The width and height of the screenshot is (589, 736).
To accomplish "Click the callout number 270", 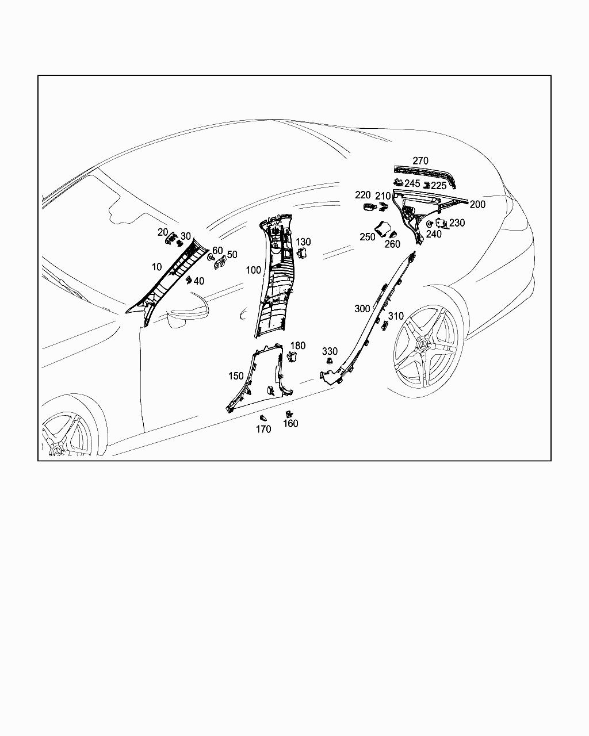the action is pyautogui.click(x=420, y=160).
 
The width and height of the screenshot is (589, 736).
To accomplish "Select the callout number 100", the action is pyautogui.click(x=253, y=270).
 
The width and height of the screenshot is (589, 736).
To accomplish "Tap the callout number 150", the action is pyautogui.click(x=236, y=376).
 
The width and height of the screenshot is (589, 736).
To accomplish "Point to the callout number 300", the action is pyautogui.click(x=362, y=309).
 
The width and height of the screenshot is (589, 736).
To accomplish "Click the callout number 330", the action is pyautogui.click(x=330, y=351).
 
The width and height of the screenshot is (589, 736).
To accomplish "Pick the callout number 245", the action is pyautogui.click(x=412, y=183).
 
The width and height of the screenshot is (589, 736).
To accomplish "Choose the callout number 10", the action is pyautogui.click(x=157, y=267).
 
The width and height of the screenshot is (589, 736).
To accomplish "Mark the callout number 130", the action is pyautogui.click(x=303, y=242).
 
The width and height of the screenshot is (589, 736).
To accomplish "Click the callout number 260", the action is pyautogui.click(x=392, y=244).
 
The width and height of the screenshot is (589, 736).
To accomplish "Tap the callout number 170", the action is pyautogui.click(x=263, y=429).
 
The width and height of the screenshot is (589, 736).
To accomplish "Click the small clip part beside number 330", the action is pyautogui.click(x=330, y=361).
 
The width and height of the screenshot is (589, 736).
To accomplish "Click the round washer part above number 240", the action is pyautogui.click(x=430, y=224).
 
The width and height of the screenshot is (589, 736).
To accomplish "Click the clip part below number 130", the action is pyautogui.click(x=302, y=254).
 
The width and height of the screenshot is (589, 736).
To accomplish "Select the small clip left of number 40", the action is pyautogui.click(x=188, y=280).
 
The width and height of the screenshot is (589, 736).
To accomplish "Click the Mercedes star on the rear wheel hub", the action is pyautogui.click(x=425, y=347).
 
